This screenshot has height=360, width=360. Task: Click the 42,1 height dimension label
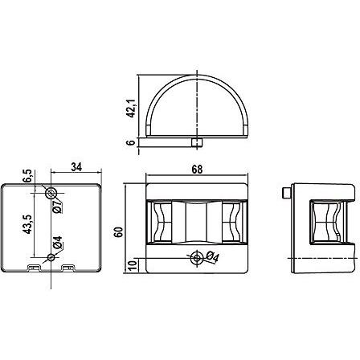(x=131, y=108)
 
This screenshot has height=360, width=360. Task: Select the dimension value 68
(x=197, y=170)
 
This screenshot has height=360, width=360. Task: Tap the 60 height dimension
(x=118, y=232)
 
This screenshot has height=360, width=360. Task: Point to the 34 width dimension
(x=76, y=167)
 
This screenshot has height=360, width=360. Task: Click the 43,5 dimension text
(x=28, y=224)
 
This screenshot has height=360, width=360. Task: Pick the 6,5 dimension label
(x=27, y=176)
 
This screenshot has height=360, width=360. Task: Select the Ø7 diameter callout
(x=57, y=207)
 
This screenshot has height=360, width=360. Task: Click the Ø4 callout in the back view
(x=57, y=243)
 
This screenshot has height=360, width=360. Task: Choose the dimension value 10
(x=133, y=265)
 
